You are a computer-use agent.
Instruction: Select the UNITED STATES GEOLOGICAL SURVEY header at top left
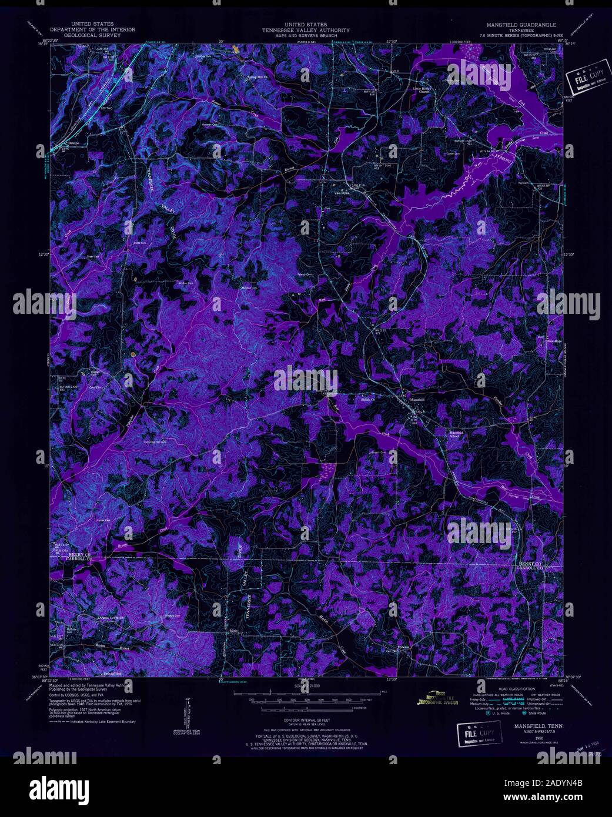click(92, 29)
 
